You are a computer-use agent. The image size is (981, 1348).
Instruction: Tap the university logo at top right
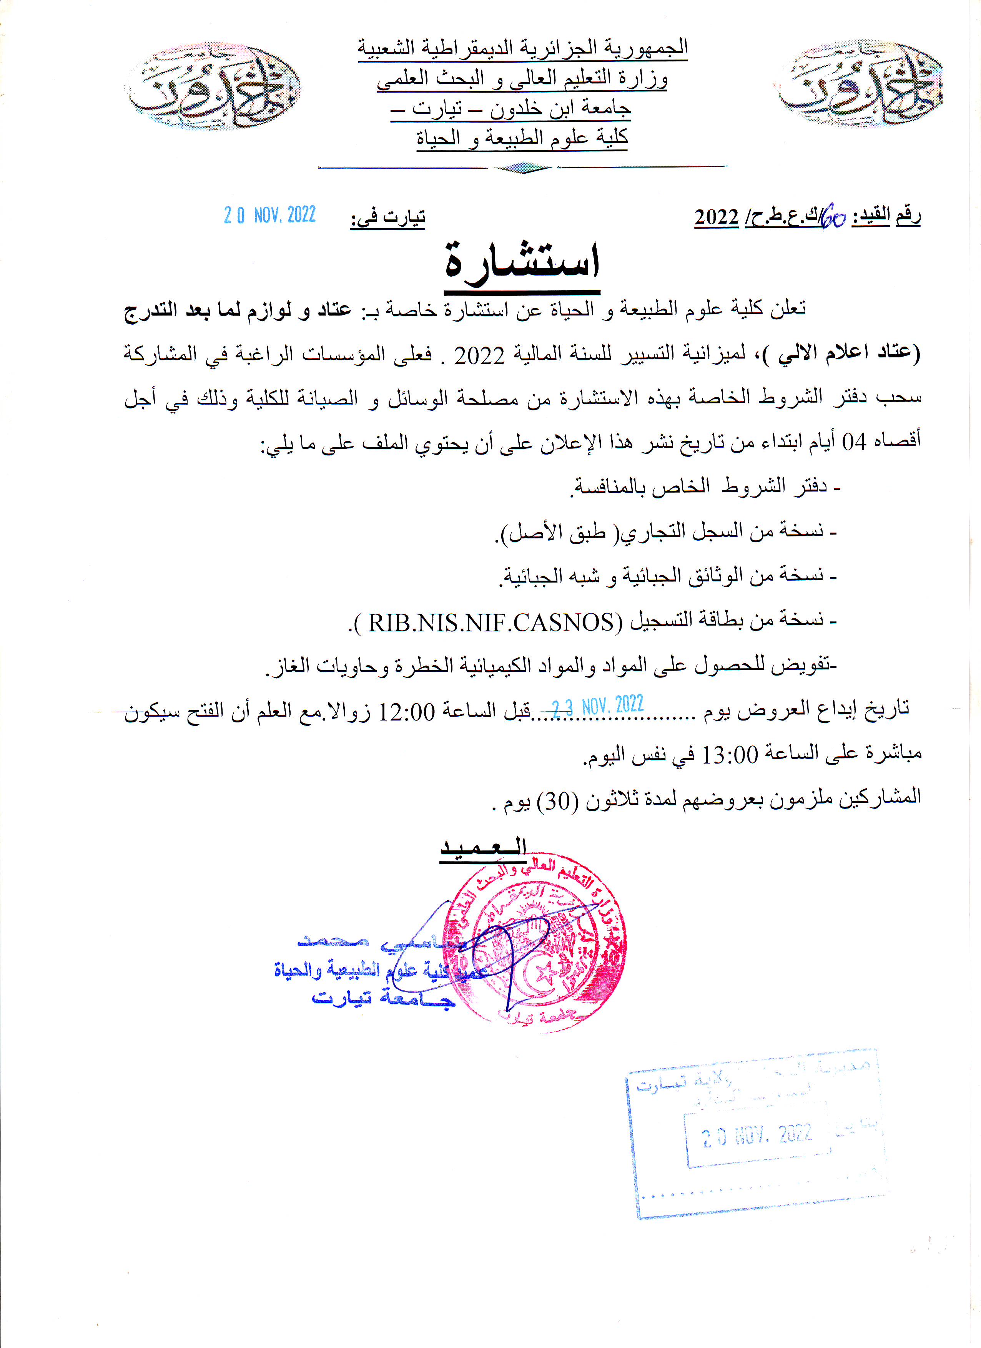click(x=860, y=83)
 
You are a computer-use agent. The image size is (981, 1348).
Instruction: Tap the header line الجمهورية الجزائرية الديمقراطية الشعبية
click(x=522, y=48)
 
